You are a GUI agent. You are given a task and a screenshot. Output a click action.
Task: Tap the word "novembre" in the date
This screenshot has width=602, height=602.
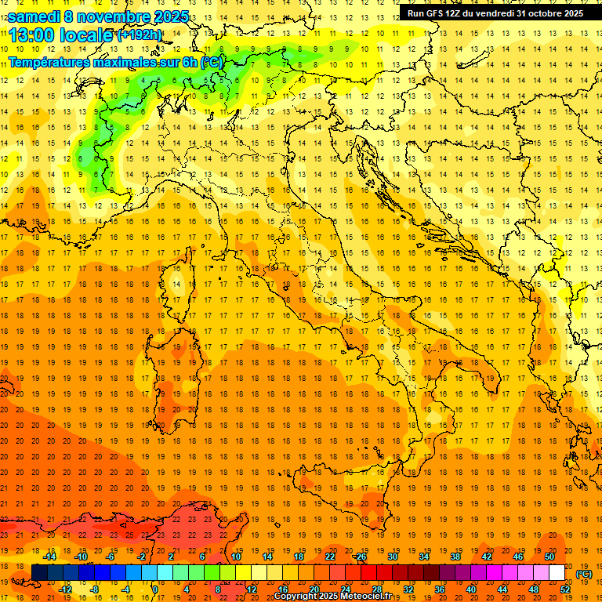pyautogui.click(x=114, y=16)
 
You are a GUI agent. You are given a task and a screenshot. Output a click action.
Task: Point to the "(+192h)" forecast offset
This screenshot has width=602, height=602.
pyautogui.click(x=140, y=35)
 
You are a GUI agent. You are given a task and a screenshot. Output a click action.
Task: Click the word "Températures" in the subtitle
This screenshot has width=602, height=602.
pyautogui.click(x=52, y=61)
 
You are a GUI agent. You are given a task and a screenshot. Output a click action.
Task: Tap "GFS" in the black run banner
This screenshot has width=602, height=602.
pyautogui.click(x=435, y=13)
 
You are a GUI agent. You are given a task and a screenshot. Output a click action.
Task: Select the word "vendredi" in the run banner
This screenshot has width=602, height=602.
pyautogui.click(x=492, y=13)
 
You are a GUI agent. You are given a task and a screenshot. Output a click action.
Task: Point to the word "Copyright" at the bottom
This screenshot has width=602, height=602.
pyautogui.click(x=297, y=597)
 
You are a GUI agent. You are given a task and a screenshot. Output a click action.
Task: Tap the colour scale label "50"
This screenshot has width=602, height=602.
pyautogui.click(x=549, y=557)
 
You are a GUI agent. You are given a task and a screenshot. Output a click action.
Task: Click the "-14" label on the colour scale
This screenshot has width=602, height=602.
pyautogui.click(x=50, y=557)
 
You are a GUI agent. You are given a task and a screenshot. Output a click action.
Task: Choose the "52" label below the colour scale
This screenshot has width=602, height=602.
pyautogui.click(x=564, y=589)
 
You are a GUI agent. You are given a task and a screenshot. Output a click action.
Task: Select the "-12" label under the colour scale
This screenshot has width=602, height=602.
pyautogui.click(x=66, y=589)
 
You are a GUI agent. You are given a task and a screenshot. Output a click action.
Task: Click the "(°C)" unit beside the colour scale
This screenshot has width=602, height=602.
pyautogui.click(x=585, y=574)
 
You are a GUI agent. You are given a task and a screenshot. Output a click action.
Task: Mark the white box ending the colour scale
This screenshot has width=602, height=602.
pyautogui.click(x=557, y=573)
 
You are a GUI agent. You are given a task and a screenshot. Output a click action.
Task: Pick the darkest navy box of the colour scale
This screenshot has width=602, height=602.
pyautogui.click(x=39, y=573)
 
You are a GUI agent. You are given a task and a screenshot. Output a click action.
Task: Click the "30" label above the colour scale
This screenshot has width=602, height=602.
pyautogui.click(x=393, y=557)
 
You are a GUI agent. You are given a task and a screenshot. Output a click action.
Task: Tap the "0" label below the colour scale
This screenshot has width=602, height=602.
pyautogui.click(x=155, y=589)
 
